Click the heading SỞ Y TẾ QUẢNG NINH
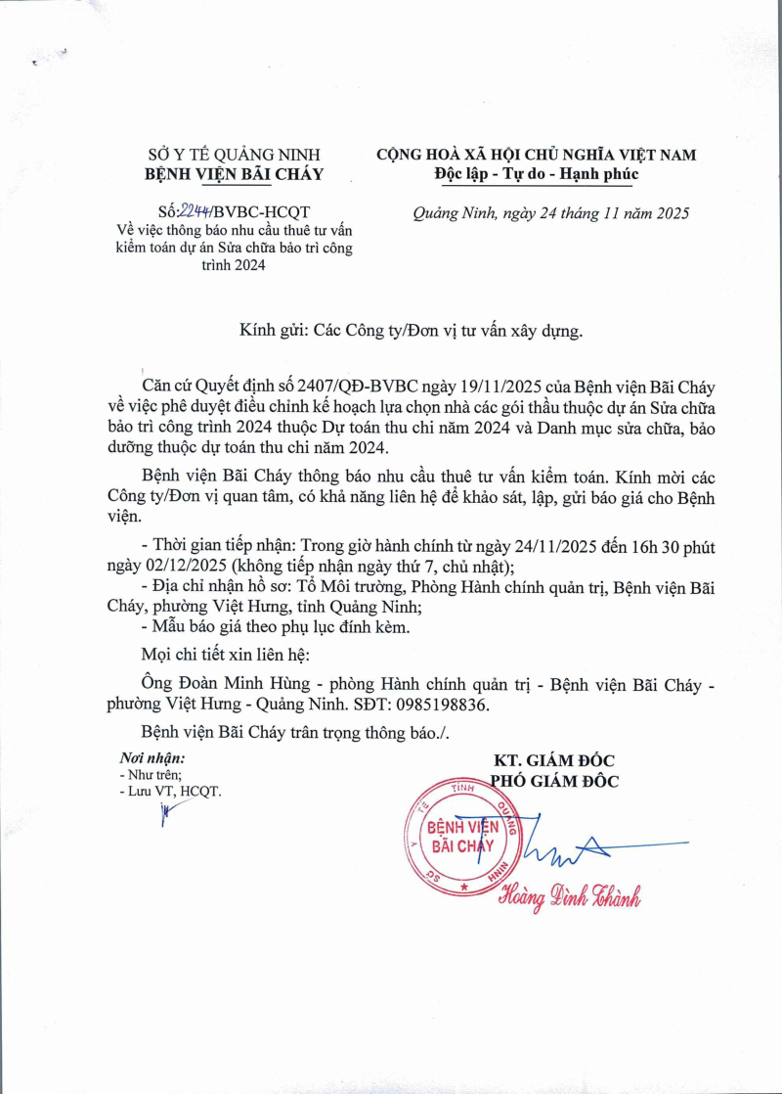coord(233,154)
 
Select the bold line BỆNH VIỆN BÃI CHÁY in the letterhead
coord(233,174)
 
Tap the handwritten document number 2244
coord(193,210)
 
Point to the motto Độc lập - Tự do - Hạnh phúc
coord(536,174)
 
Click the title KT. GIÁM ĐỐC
coord(553,760)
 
